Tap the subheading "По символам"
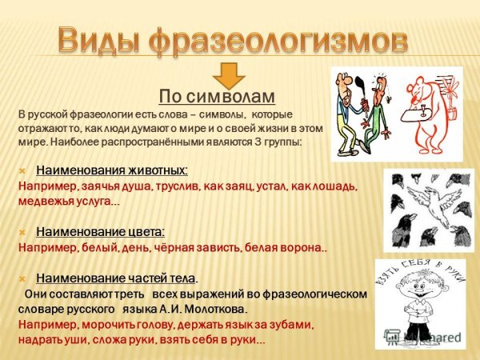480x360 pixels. tap(217, 97)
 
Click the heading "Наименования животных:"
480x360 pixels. tap(112, 170)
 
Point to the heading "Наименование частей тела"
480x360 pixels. tap(116, 278)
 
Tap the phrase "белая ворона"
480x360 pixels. tap(285, 247)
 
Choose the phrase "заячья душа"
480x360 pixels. tap(112, 186)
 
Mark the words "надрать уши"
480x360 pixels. tap(48, 340)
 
